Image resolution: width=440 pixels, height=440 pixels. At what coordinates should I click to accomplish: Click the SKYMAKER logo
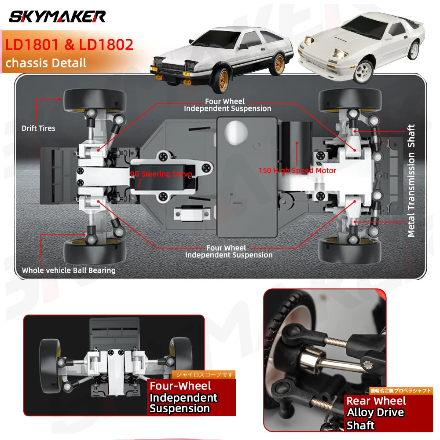coord(57,17)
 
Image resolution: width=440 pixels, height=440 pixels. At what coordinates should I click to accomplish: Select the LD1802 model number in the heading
coord(106,45)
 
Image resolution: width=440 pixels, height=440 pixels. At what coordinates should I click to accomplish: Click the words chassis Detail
coord(46,62)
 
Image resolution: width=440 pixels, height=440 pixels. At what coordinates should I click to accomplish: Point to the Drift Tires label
coord(38,128)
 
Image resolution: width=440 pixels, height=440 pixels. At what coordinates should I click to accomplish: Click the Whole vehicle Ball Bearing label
coord(69,271)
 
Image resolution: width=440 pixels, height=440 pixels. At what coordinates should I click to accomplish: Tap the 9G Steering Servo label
coord(161,174)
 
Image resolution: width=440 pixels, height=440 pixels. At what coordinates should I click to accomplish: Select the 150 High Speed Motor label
coord(297,170)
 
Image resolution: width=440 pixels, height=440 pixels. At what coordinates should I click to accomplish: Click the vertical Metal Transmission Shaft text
coord(411,180)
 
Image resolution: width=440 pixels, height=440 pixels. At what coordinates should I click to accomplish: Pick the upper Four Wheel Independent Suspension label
coord(227,105)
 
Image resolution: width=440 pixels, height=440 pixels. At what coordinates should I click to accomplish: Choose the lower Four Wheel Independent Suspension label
coord(228,251)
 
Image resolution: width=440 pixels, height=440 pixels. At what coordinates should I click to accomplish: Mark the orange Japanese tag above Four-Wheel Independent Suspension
coord(203,375)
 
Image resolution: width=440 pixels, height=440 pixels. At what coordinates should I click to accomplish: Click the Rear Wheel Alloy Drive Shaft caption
coord(376,413)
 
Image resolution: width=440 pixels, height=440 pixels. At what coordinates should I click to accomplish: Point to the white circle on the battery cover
coord(236,132)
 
